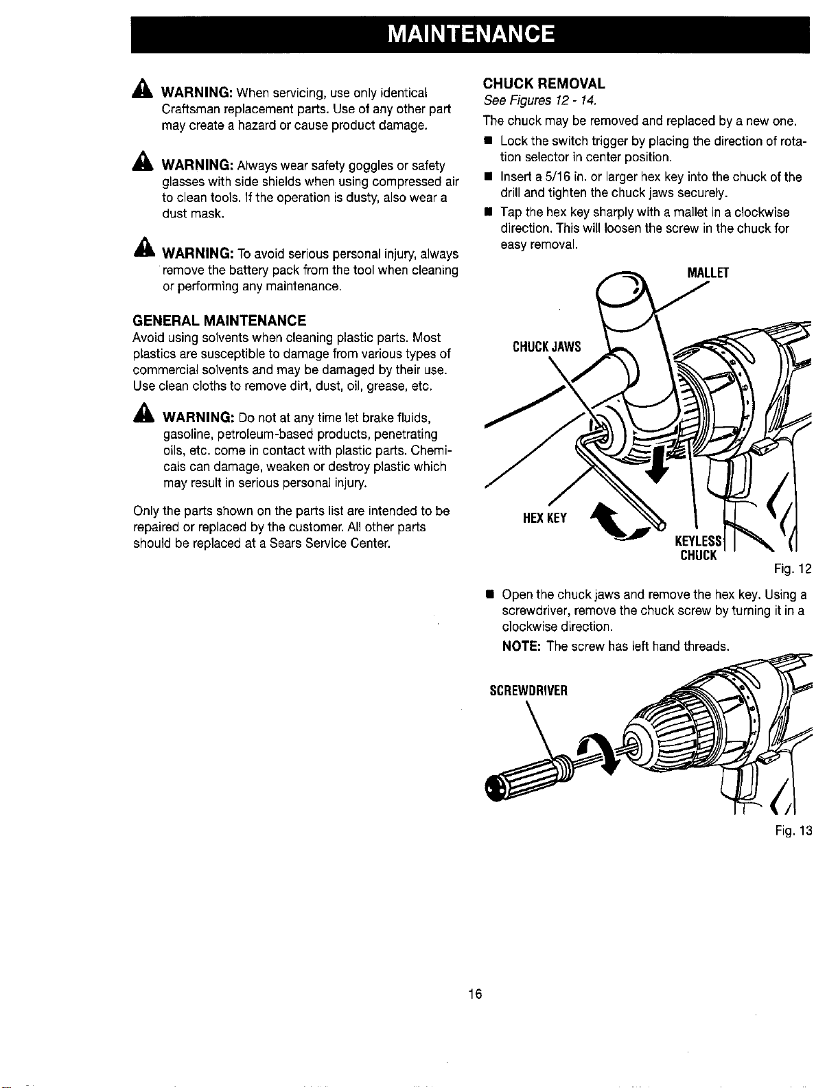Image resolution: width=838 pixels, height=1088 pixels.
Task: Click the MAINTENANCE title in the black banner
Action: [x=471, y=34]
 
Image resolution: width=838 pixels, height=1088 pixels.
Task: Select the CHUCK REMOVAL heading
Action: [x=544, y=83]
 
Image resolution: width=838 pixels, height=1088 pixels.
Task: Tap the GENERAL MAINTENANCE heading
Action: [x=219, y=321]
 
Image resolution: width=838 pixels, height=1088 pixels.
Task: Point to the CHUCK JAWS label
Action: [x=546, y=347]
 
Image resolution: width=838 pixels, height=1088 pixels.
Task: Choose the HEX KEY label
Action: [x=545, y=518]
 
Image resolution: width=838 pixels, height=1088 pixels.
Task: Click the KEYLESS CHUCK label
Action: [x=699, y=548]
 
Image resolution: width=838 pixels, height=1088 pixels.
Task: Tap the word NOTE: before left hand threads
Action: [x=521, y=647]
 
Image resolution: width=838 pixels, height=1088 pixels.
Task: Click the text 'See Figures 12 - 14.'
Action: [x=539, y=101]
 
